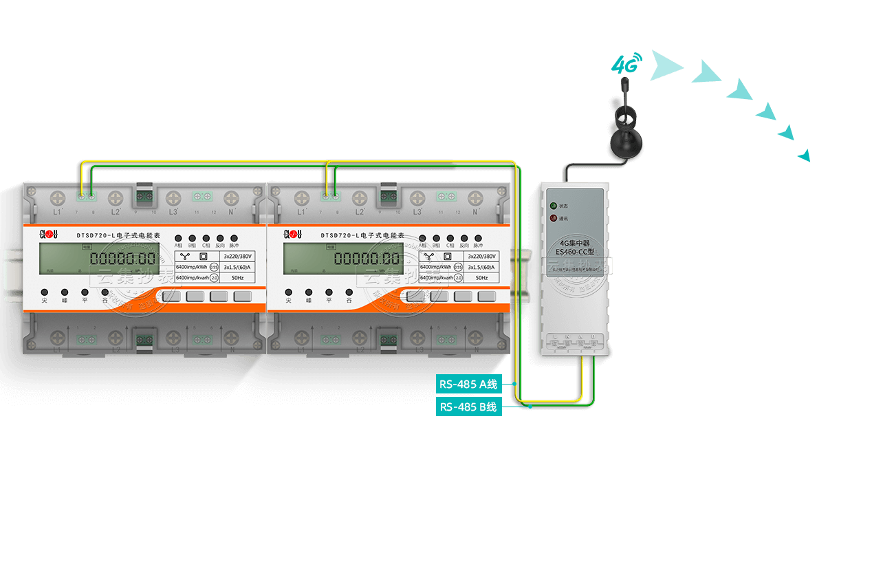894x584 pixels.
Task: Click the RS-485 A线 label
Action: (468, 384)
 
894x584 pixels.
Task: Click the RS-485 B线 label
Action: (468, 407)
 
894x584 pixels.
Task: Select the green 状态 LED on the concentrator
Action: (553, 205)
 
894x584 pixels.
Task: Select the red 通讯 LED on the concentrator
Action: (553, 219)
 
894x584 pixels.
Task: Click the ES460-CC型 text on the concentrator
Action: (574, 252)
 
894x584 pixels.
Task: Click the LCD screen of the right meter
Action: (342, 259)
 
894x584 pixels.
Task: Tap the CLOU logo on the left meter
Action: (47, 235)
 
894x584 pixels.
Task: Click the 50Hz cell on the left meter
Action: (237, 278)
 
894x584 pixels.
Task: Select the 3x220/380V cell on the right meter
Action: (481, 256)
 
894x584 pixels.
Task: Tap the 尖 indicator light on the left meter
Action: (44, 292)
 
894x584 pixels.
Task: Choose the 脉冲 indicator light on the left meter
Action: (234, 237)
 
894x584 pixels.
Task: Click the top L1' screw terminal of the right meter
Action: (301, 199)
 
